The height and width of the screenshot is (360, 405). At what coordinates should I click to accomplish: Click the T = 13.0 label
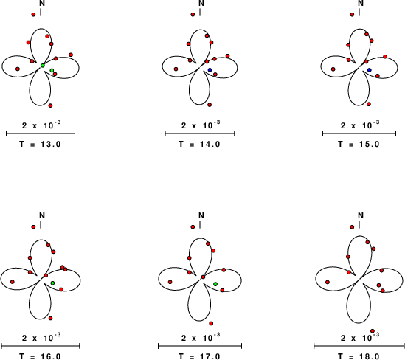(x=40, y=144)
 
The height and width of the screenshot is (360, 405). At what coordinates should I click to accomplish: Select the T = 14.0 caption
(x=199, y=144)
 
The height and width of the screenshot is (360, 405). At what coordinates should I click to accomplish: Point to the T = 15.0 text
(x=359, y=144)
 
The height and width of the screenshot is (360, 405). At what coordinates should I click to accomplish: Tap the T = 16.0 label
(x=40, y=356)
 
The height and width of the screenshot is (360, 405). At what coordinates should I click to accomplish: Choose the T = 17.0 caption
(x=199, y=356)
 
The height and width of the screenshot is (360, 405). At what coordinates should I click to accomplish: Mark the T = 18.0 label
(x=359, y=356)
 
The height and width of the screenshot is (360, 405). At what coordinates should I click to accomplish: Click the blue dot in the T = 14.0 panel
(x=210, y=70)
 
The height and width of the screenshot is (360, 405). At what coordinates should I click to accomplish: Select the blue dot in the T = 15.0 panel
(x=370, y=70)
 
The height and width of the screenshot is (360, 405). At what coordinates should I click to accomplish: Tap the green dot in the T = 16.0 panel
(x=52, y=283)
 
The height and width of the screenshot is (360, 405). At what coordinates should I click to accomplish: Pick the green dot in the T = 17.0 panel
(x=215, y=284)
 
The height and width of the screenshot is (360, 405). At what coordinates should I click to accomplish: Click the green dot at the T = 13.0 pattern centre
(x=43, y=66)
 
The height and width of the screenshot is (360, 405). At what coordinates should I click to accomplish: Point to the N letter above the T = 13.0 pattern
(x=42, y=4)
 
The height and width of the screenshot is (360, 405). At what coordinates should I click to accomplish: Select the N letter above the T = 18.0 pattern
(x=361, y=215)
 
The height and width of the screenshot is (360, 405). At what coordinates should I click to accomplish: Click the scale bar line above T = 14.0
(x=200, y=134)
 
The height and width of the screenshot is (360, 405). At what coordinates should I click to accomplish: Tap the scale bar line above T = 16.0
(x=41, y=346)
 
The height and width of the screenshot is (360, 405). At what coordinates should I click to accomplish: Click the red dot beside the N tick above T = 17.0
(x=193, y=227)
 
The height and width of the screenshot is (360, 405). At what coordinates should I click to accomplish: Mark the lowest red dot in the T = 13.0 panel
(x=50, y=105)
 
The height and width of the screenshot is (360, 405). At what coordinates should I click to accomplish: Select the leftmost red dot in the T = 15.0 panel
(x=333, y=69)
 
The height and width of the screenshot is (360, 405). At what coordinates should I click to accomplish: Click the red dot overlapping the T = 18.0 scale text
(x=373, y=331)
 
